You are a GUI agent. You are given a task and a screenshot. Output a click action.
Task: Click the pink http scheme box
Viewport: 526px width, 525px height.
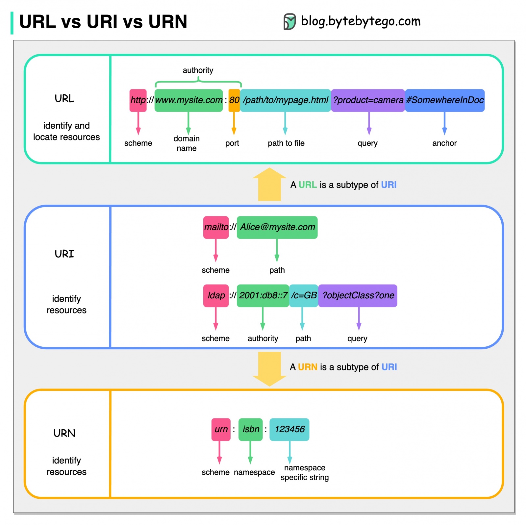pyautogui.click(x=138, y=100)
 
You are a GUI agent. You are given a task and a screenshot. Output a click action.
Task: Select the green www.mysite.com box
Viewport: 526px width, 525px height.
pyautogui.click(x=188, y=100)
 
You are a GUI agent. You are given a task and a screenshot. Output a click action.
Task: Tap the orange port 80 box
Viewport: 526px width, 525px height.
pyautogui.click(x=234, y=100)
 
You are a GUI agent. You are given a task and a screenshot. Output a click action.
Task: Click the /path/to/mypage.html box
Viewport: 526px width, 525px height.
pyautogui.click(x=285, y=100)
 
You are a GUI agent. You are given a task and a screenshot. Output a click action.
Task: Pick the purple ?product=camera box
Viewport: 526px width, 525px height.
pyautogui.click(x=368, y=100)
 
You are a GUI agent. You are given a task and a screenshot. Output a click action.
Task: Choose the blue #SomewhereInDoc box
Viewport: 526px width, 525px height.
pyautogui.click(x=444, y=100)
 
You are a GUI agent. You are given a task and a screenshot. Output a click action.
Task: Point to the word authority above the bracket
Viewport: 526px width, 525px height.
pyautogui.click(x=198, y=70)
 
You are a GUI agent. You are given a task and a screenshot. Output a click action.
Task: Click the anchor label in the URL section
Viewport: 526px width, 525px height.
pyautogui.click(x=444, y=143)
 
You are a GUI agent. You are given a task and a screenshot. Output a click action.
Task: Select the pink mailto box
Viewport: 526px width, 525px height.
pyautogui.click(x=216, y=227)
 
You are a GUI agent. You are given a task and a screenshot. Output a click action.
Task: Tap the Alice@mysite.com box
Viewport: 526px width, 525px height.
pyautogui.click(x=277, y=227)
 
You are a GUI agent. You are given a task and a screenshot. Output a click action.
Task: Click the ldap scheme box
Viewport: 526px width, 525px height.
pyautogui.click(x=216, y=296)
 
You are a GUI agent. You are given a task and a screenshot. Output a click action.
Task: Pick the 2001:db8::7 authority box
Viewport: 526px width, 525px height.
pyautogui.click(x=263, y=296)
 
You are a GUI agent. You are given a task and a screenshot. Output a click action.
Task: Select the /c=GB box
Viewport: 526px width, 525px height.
pyautogui.click(x=303, y=296)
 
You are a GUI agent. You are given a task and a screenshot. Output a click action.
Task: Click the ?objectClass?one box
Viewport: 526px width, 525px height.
pyautogui.click(x=358, y=296)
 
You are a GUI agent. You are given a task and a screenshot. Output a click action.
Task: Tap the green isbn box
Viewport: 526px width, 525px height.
pyautogui.click(x=250, y=429)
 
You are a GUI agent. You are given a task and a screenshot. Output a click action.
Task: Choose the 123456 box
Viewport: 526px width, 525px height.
pyautogui.click(x=289, y=429)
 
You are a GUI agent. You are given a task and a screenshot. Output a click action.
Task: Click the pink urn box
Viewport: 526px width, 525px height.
pyautogui.click(x=221, y=429)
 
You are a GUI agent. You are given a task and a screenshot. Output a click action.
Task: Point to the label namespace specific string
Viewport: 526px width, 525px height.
pyautogui.click(x=304, y=472)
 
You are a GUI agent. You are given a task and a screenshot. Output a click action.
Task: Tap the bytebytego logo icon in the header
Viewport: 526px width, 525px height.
pyautogui.click(x=289, y=22)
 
